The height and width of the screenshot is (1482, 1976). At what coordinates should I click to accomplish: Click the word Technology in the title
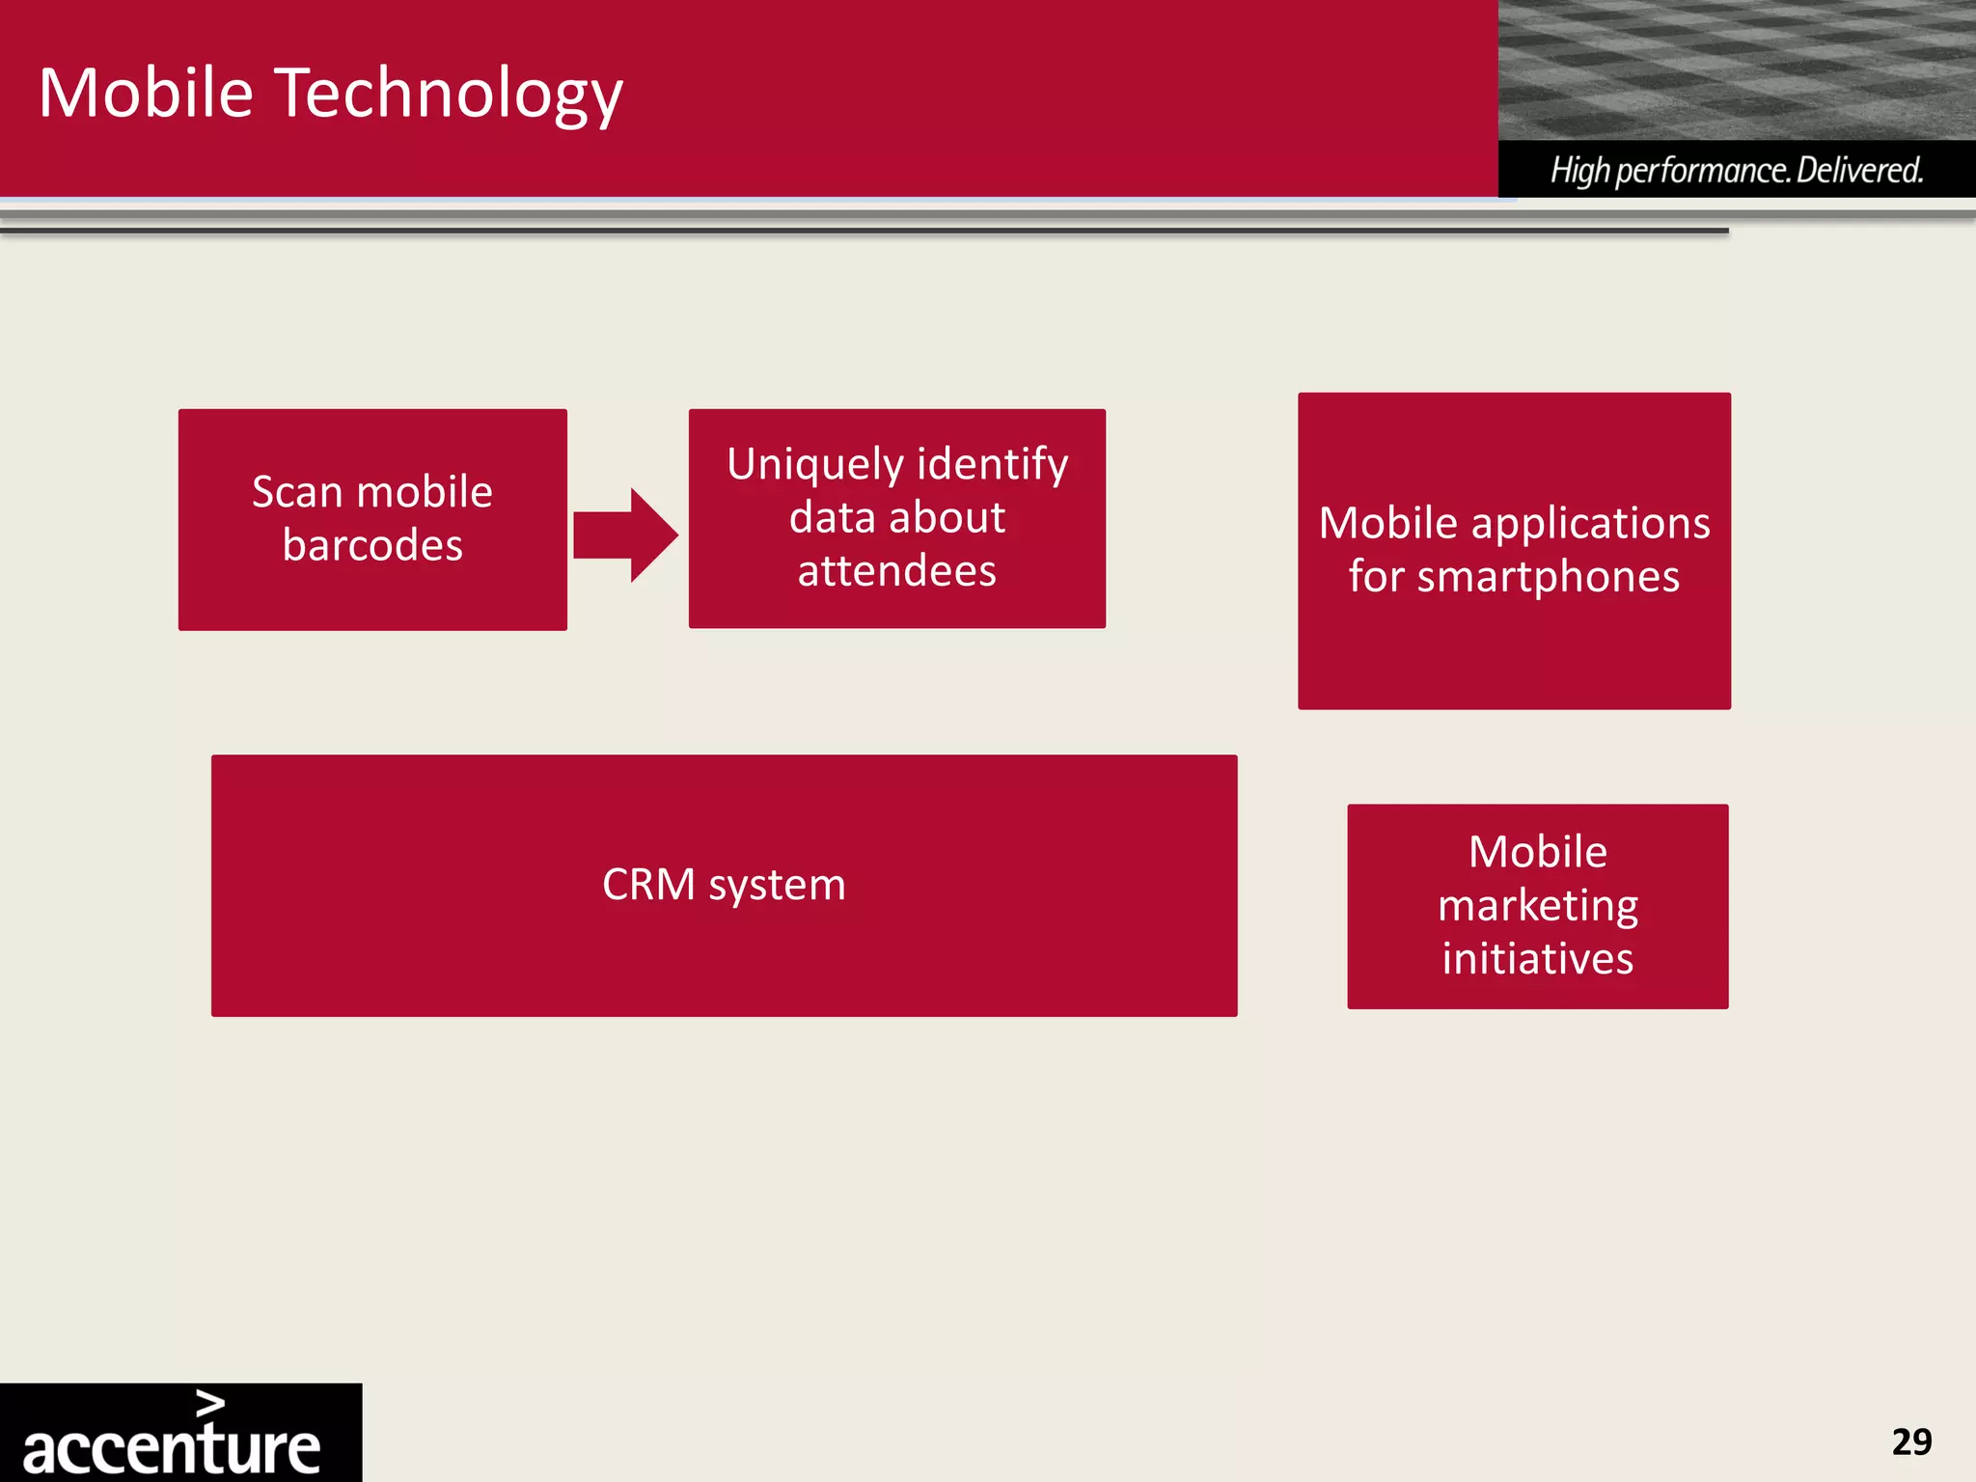[x=450, y=95]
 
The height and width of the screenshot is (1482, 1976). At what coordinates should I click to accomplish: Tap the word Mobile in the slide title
[x=146, y=94]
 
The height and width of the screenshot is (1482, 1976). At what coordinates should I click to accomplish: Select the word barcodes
[x=372, y=546]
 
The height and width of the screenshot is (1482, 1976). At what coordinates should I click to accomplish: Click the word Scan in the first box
[x=297, y=493]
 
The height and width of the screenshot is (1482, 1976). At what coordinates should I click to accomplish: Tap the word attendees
[x=896, y=571]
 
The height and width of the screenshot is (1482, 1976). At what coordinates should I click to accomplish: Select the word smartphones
[x=1562, y=577]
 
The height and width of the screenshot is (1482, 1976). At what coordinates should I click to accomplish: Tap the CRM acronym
[x=648, y=885]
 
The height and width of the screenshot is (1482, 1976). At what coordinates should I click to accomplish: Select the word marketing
[x=1537, y=906]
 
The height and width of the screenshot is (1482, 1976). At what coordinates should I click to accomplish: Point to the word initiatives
[x=1537, y=959]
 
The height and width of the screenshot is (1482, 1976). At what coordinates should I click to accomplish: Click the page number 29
[x=1911, y=1442]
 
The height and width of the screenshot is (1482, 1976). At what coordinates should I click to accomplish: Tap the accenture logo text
[x=171, y=1448]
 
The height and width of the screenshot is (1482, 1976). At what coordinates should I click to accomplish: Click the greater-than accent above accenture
[x=210, y=1404]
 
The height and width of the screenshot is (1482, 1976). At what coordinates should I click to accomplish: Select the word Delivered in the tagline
[x=1859, y=171]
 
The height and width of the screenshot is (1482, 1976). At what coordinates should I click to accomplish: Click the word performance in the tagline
[x=1703, y=171]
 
